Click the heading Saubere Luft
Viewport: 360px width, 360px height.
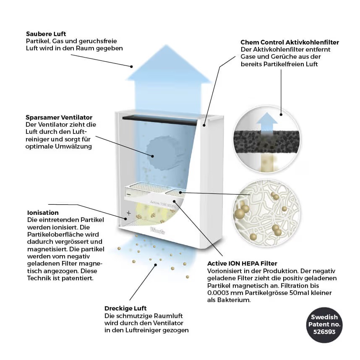pyautogui.click(x=46, y=34)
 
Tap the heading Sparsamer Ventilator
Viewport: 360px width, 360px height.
pyautogui.click(x=59, y=117)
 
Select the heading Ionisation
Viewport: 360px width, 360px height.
pyautogui.click(x=43, y=213)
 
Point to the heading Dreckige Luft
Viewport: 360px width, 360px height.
pyautogui.click(x=125, y=308)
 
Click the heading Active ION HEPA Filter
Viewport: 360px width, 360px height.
pyautogui.click(x=242, y=263)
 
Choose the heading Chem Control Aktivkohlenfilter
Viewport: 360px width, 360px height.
pyautogui.click(x=290, y=42)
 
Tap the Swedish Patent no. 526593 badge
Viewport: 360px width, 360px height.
pyautogui.click(x=324, y=325)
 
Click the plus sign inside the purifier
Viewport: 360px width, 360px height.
pyautogui.click(x=129, y=213)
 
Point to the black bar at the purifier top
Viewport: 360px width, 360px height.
pyautogui.click(x=159, y=120)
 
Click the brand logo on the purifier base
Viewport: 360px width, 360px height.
pyautogui.click(x=157, y=230)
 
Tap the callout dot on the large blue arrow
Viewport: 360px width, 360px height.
pyautogui.click(x=132, y=67)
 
